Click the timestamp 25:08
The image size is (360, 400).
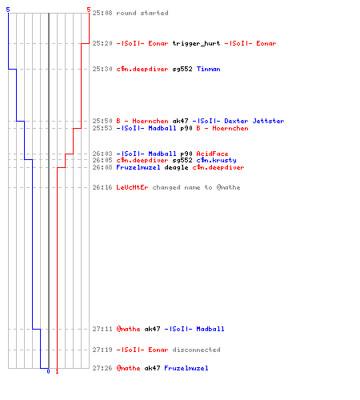click(102, 13)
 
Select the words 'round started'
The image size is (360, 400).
click(142, 13)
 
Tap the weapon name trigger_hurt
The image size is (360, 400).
click(196, 43)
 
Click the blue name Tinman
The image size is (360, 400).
click(209, 69)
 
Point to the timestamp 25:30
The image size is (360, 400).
click(102, 69)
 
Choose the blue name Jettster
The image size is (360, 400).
click(268, 121)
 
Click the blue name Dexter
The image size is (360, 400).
click(236, 121)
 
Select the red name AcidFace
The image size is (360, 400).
click(212, 154)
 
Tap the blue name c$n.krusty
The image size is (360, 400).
click(216, 160)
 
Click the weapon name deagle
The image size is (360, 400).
click(176, 167)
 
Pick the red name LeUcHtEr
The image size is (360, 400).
click(132, 187)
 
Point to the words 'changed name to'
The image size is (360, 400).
click(182, 187)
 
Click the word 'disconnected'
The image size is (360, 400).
click(196, 350)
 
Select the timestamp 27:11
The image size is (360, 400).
click(102, 329)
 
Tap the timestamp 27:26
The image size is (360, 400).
click(102, 368)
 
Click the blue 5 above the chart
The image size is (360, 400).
click(8, 10)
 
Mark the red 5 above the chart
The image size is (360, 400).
click(89, 10)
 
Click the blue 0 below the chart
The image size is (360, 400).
click(48, 371)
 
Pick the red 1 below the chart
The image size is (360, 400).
click(57, 371)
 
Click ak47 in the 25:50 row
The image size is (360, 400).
click(180, 121)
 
